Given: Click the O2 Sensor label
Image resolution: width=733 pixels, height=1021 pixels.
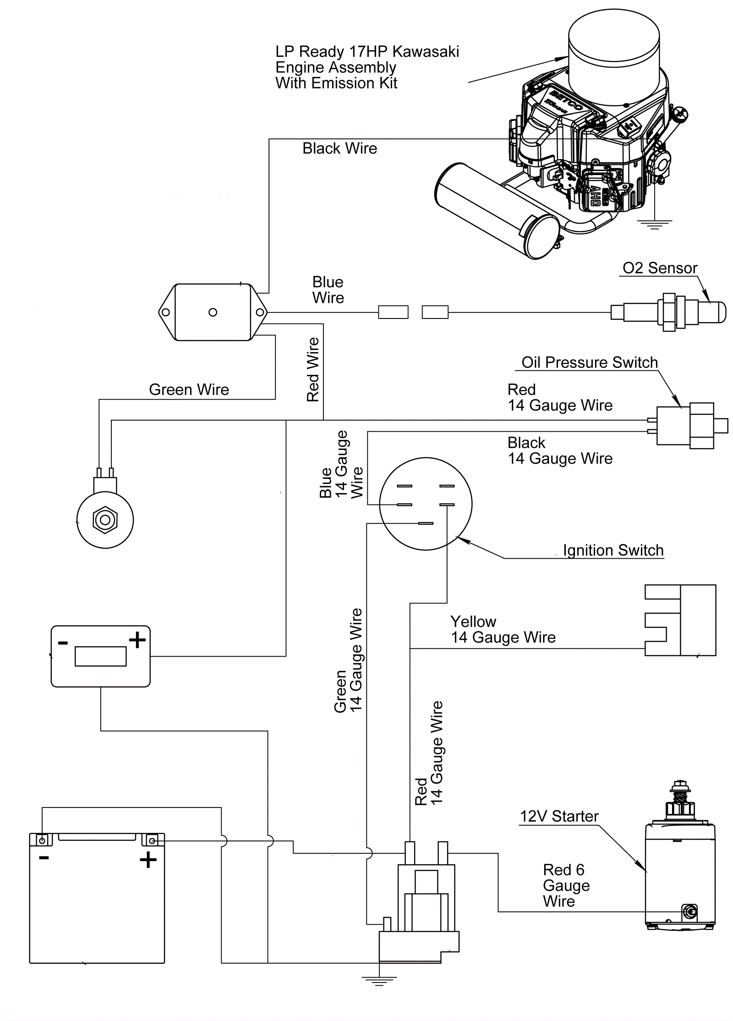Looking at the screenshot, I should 660,268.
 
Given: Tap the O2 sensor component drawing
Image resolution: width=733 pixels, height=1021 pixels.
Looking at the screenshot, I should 669,313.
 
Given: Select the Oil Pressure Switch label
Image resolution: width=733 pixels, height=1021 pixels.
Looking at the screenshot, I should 589,362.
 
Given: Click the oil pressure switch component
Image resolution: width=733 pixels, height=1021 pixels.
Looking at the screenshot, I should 685,426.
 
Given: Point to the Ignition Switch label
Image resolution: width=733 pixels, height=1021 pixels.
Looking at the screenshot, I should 613,550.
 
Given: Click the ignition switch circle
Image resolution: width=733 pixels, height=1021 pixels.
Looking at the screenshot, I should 426,504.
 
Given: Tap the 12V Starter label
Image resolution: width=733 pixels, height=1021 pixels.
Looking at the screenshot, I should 559,816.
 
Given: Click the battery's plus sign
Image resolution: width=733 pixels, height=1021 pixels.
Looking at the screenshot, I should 148,860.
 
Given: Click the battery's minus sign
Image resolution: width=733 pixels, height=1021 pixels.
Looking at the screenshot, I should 44,857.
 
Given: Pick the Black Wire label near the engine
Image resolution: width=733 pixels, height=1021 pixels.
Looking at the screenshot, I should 339,148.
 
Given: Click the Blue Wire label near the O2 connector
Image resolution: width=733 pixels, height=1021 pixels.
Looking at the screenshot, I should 328,290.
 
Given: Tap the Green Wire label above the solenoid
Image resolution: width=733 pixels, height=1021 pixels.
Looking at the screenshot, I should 189,390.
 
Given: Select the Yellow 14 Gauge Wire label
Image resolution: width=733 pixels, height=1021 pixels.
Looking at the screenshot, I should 503,630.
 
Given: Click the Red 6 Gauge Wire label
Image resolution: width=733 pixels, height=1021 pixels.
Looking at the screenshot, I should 566,885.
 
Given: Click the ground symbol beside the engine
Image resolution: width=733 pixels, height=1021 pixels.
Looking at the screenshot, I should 655,225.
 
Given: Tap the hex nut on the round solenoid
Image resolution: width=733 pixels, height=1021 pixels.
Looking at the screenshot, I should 105,520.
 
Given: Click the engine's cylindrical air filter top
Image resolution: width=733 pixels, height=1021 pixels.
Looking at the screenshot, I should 614,44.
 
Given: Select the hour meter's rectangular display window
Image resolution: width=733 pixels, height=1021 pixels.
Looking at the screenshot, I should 100,656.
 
